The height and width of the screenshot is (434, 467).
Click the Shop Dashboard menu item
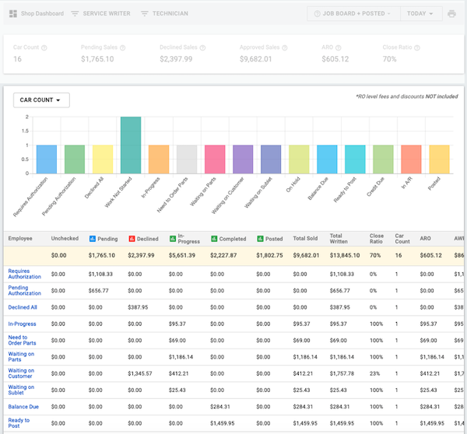pos(37,14)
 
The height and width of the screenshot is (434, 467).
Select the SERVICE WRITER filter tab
pos(100,14)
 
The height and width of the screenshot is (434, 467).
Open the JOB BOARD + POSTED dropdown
pos(353,14)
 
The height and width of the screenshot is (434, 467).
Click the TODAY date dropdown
pos(420,14)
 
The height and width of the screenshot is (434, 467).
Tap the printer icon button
pos(452,14)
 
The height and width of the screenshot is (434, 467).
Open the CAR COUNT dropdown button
pos(41,100)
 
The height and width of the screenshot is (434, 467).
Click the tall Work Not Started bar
pos(131,145)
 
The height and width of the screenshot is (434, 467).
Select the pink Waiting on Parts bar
pos(215,159)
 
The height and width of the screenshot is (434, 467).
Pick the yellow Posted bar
pos(439,159)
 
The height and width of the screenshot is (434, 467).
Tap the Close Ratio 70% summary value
pos(390,58)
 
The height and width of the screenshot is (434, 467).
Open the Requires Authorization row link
pos(24,274)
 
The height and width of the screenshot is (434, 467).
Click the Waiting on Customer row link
pos(21,373)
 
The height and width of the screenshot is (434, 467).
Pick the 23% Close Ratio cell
pos(375,373)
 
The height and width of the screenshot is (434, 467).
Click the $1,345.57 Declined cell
pos(141,373)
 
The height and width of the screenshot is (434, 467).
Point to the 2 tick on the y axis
pos(27,117)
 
